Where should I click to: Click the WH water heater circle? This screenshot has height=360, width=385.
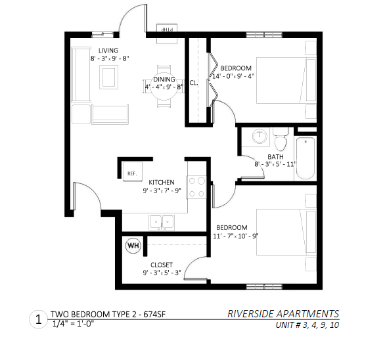(x=133, y=245)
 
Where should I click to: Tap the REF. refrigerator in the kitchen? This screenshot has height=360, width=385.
(x=132, y=171)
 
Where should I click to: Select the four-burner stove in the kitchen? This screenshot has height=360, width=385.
(x=196, y=187)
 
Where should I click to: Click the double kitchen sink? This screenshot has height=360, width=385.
(x=162, y=223)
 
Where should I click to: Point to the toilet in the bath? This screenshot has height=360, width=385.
(x=281, y=139)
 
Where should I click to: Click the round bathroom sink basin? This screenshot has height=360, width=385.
(x=260, y=136)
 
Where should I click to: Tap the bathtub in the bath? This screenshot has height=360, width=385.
(x=306, y=158)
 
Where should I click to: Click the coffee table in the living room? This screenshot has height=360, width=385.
(x=108, y=77)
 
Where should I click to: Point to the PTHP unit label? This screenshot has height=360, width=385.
(x=168, y=30)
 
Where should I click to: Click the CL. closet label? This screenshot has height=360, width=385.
(x=194, y=83)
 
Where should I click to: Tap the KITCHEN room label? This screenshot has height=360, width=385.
(x=162, y=182)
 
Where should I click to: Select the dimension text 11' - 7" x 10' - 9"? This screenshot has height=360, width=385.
(x=235, y=236)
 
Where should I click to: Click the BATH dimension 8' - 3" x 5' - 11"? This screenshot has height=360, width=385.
(x=275, y=164)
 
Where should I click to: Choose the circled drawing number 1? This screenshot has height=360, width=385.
(x=39, y=320)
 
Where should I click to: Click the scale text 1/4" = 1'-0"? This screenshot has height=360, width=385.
(x=73, y=324)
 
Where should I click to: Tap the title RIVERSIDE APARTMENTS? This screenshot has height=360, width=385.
(x=283, y=314)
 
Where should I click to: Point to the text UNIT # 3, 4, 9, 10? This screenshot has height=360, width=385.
(x=307, y=325)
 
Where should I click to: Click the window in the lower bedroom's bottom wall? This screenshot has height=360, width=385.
(x=264, y=286)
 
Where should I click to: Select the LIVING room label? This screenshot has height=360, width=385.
(x=108, y=51)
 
